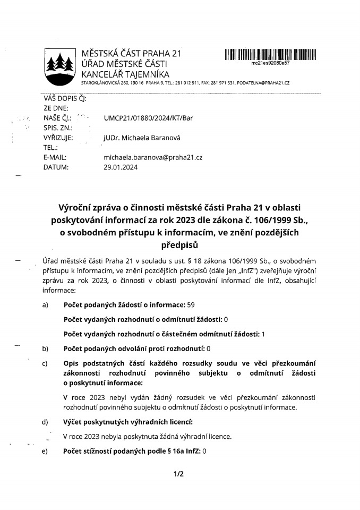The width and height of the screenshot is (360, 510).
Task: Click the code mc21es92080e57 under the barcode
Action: tap(270, 63)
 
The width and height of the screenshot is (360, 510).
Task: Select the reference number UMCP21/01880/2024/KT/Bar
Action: tap(149, 118)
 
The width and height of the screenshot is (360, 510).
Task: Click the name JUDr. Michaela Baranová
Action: tap(142, 138)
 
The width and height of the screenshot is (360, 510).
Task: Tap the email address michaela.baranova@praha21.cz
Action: tap(153, 158)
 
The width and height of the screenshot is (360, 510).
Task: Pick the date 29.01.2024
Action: tap(121, 167)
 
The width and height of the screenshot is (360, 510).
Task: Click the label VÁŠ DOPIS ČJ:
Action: tap(65, 98)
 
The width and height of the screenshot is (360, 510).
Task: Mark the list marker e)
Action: tap(45, 451)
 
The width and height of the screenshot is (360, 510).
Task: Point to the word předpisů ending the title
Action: tap(179, 246)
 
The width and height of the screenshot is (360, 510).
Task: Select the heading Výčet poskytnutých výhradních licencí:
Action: tap(127, 422)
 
